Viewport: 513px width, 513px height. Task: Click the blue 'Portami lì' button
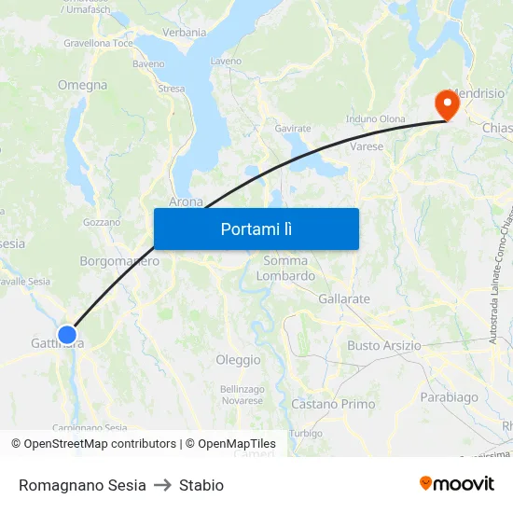point(256,229)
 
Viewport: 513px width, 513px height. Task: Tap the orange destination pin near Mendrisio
point(448,104)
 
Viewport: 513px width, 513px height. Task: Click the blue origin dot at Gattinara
point(67,334)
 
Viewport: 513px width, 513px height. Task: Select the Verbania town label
point(185,33)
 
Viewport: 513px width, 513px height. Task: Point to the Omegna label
point(83,85)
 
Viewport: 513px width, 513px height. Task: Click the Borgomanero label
point(119,261)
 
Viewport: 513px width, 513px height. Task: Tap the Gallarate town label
point(344,299)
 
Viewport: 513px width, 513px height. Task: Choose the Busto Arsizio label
point(384,346)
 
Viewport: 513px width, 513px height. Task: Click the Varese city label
point(367,146)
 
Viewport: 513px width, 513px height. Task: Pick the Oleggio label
point(238,360)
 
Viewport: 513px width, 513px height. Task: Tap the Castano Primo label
point(333,404)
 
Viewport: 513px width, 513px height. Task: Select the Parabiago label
point(449,397)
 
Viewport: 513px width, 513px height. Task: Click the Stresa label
point(172,89)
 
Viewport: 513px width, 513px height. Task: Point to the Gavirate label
point(293,128)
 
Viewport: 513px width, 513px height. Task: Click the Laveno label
point(227,62)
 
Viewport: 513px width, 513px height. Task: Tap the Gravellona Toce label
point(99,43)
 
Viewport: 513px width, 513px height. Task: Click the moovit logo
point(456,483)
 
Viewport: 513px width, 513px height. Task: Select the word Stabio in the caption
point(201,485)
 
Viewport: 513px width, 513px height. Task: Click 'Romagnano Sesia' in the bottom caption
point(82,485)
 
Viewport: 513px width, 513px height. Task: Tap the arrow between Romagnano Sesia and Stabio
point(162,485)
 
